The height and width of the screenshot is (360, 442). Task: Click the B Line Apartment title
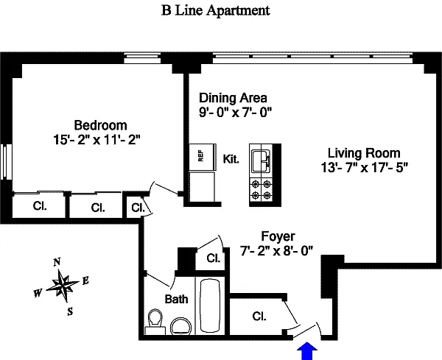pos(216,11)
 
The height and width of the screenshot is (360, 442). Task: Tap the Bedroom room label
pos(100,125)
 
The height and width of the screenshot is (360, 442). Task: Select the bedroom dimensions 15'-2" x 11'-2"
pos(97,140)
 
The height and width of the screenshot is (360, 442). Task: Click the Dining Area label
pos(233,98)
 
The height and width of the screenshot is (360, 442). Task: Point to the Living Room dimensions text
pos(365,168)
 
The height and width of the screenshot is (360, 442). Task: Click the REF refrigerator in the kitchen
pos(203,158)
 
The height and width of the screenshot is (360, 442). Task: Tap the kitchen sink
pos(261,160)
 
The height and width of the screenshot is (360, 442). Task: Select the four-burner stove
pos(261,190)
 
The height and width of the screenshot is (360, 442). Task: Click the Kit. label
pos(231,159)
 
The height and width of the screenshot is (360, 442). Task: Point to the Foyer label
pos(278,236)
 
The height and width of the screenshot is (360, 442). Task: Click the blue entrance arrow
pos(307,350)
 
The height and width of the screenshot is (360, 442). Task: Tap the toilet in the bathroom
pos(155,322)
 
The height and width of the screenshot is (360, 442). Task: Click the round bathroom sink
pos(181,326)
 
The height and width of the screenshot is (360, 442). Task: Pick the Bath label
pos(177,299)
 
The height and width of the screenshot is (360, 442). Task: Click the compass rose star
pos(63,285)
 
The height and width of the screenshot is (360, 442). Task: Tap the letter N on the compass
pos(57,262)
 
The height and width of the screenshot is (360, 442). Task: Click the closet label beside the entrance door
pos(259,317)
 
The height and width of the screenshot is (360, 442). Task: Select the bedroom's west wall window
pos(6,161)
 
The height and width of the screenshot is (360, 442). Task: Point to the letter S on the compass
pos(70,311)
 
